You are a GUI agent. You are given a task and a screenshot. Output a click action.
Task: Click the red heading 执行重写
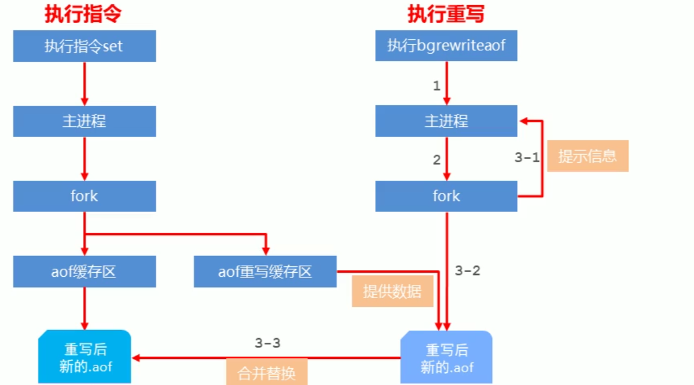446,14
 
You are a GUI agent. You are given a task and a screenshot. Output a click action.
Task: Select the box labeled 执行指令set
85,46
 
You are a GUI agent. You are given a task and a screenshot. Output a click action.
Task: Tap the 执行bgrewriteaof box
446,46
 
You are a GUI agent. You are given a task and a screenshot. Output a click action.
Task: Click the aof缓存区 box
85,272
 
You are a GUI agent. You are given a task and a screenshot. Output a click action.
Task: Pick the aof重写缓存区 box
265,272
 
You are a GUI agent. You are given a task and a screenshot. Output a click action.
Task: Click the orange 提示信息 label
587,156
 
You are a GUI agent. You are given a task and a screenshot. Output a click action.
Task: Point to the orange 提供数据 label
392,292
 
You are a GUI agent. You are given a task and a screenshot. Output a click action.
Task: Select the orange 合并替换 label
266,372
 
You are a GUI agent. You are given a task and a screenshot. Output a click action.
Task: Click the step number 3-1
527,157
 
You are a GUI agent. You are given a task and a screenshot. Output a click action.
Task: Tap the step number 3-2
468,270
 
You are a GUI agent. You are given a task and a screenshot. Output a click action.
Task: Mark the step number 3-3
267,343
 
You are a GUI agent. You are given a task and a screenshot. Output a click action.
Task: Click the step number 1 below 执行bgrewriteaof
436,86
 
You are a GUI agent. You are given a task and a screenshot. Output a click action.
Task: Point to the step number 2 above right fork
436,160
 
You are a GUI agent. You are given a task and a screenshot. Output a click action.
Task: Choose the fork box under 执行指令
85,196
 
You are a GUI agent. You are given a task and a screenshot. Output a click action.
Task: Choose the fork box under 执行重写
446,196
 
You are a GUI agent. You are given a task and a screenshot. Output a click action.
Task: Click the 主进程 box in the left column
85,121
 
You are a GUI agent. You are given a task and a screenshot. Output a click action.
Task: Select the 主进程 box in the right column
446,121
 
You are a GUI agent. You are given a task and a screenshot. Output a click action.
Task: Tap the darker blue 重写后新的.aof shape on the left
85,357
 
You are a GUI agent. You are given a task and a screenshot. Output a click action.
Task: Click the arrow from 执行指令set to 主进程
85,83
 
